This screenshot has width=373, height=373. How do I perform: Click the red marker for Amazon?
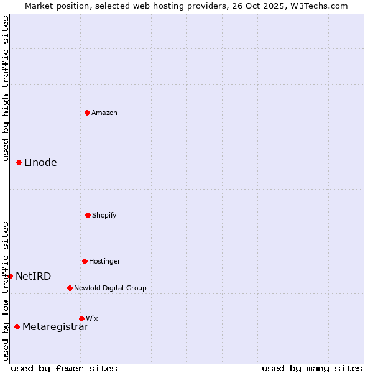click(88, 113)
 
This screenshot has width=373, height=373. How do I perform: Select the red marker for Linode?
click(19, 162)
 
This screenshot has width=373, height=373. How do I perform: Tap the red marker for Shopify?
click(88, 215)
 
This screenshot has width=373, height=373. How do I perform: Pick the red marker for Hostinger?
click(85, 261)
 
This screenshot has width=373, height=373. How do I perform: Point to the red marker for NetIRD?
click(10, 276)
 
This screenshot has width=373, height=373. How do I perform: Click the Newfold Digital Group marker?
click(70, 288)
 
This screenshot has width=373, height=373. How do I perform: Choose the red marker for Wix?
click(81, 318)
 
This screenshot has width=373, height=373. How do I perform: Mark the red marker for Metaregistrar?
click(17, 326)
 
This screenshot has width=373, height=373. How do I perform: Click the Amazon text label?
click(104, 113)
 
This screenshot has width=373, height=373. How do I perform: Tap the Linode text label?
click(40, 163)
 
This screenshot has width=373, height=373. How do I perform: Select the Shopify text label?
click(104, 216)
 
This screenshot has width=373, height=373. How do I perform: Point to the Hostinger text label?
click(104, 262)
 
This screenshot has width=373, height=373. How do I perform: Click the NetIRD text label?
click(34, 277)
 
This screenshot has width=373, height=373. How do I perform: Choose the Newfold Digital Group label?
click(110, 288)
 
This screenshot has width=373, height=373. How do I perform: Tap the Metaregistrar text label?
click(55, 327)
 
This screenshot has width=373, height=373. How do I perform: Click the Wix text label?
click(92, 319)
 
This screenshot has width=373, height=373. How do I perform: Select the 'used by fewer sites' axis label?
click(64, 368)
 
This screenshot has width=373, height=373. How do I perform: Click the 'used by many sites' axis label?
click(312, 368)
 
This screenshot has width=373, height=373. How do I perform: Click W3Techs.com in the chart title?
click(317, 6)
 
